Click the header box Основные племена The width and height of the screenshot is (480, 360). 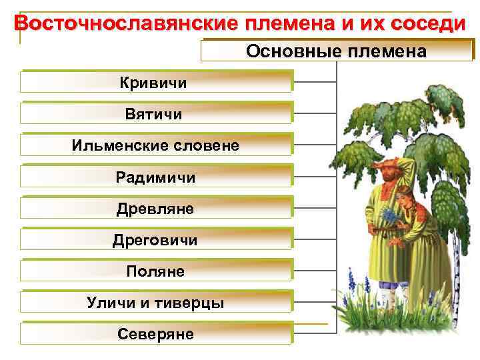tap(337, 51)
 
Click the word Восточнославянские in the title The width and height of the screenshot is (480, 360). tap(127, 23)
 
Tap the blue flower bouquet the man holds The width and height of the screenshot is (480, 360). tap(389, 215)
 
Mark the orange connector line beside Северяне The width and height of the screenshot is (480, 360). tap(311, 325)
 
